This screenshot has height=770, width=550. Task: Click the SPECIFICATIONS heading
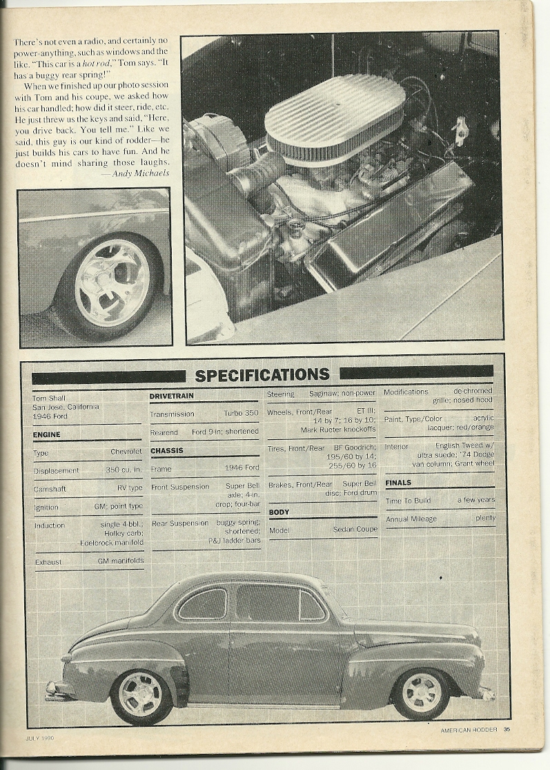pyautogui.click(x=262, y=375)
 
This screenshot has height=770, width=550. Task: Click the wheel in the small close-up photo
pyautogui.click(x=112, y=282)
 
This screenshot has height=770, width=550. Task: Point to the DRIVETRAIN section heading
pyautogui.click(x=171, y=396)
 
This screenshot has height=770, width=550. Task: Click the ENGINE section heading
pyautogui.click(x=46, y=434)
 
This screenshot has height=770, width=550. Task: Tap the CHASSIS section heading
pyautogui.click(x=166, y=450)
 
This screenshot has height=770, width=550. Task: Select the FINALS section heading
pyautogui.click(x=398, y=483)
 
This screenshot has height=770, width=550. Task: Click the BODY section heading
pyautogui.click(x=279, y=512)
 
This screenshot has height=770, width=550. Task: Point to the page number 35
pyautogui.click(x=507, y=728)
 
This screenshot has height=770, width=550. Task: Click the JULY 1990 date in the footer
pyautogui.click(x=40, y=738)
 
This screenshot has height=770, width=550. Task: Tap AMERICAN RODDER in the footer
pyautogui.click(x=469, y=729)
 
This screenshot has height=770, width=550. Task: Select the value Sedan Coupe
pyautogui.click(x=355, y=530)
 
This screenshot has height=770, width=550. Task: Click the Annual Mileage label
pyautogui.click(x=411, y=519)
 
